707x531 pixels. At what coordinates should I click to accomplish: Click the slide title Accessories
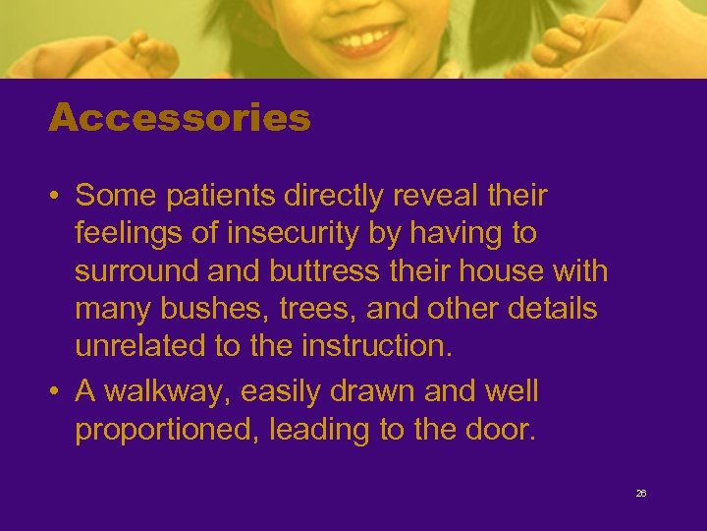pyautogui.click(x=180, y=119)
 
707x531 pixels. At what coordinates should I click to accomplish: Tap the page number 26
pyautogui.click(x=641, y=494)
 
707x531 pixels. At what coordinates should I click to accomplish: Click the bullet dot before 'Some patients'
pyautogui.click(x=56, y=197)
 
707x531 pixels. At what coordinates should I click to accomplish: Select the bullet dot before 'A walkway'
pyautogui.click(x=56, y=391)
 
